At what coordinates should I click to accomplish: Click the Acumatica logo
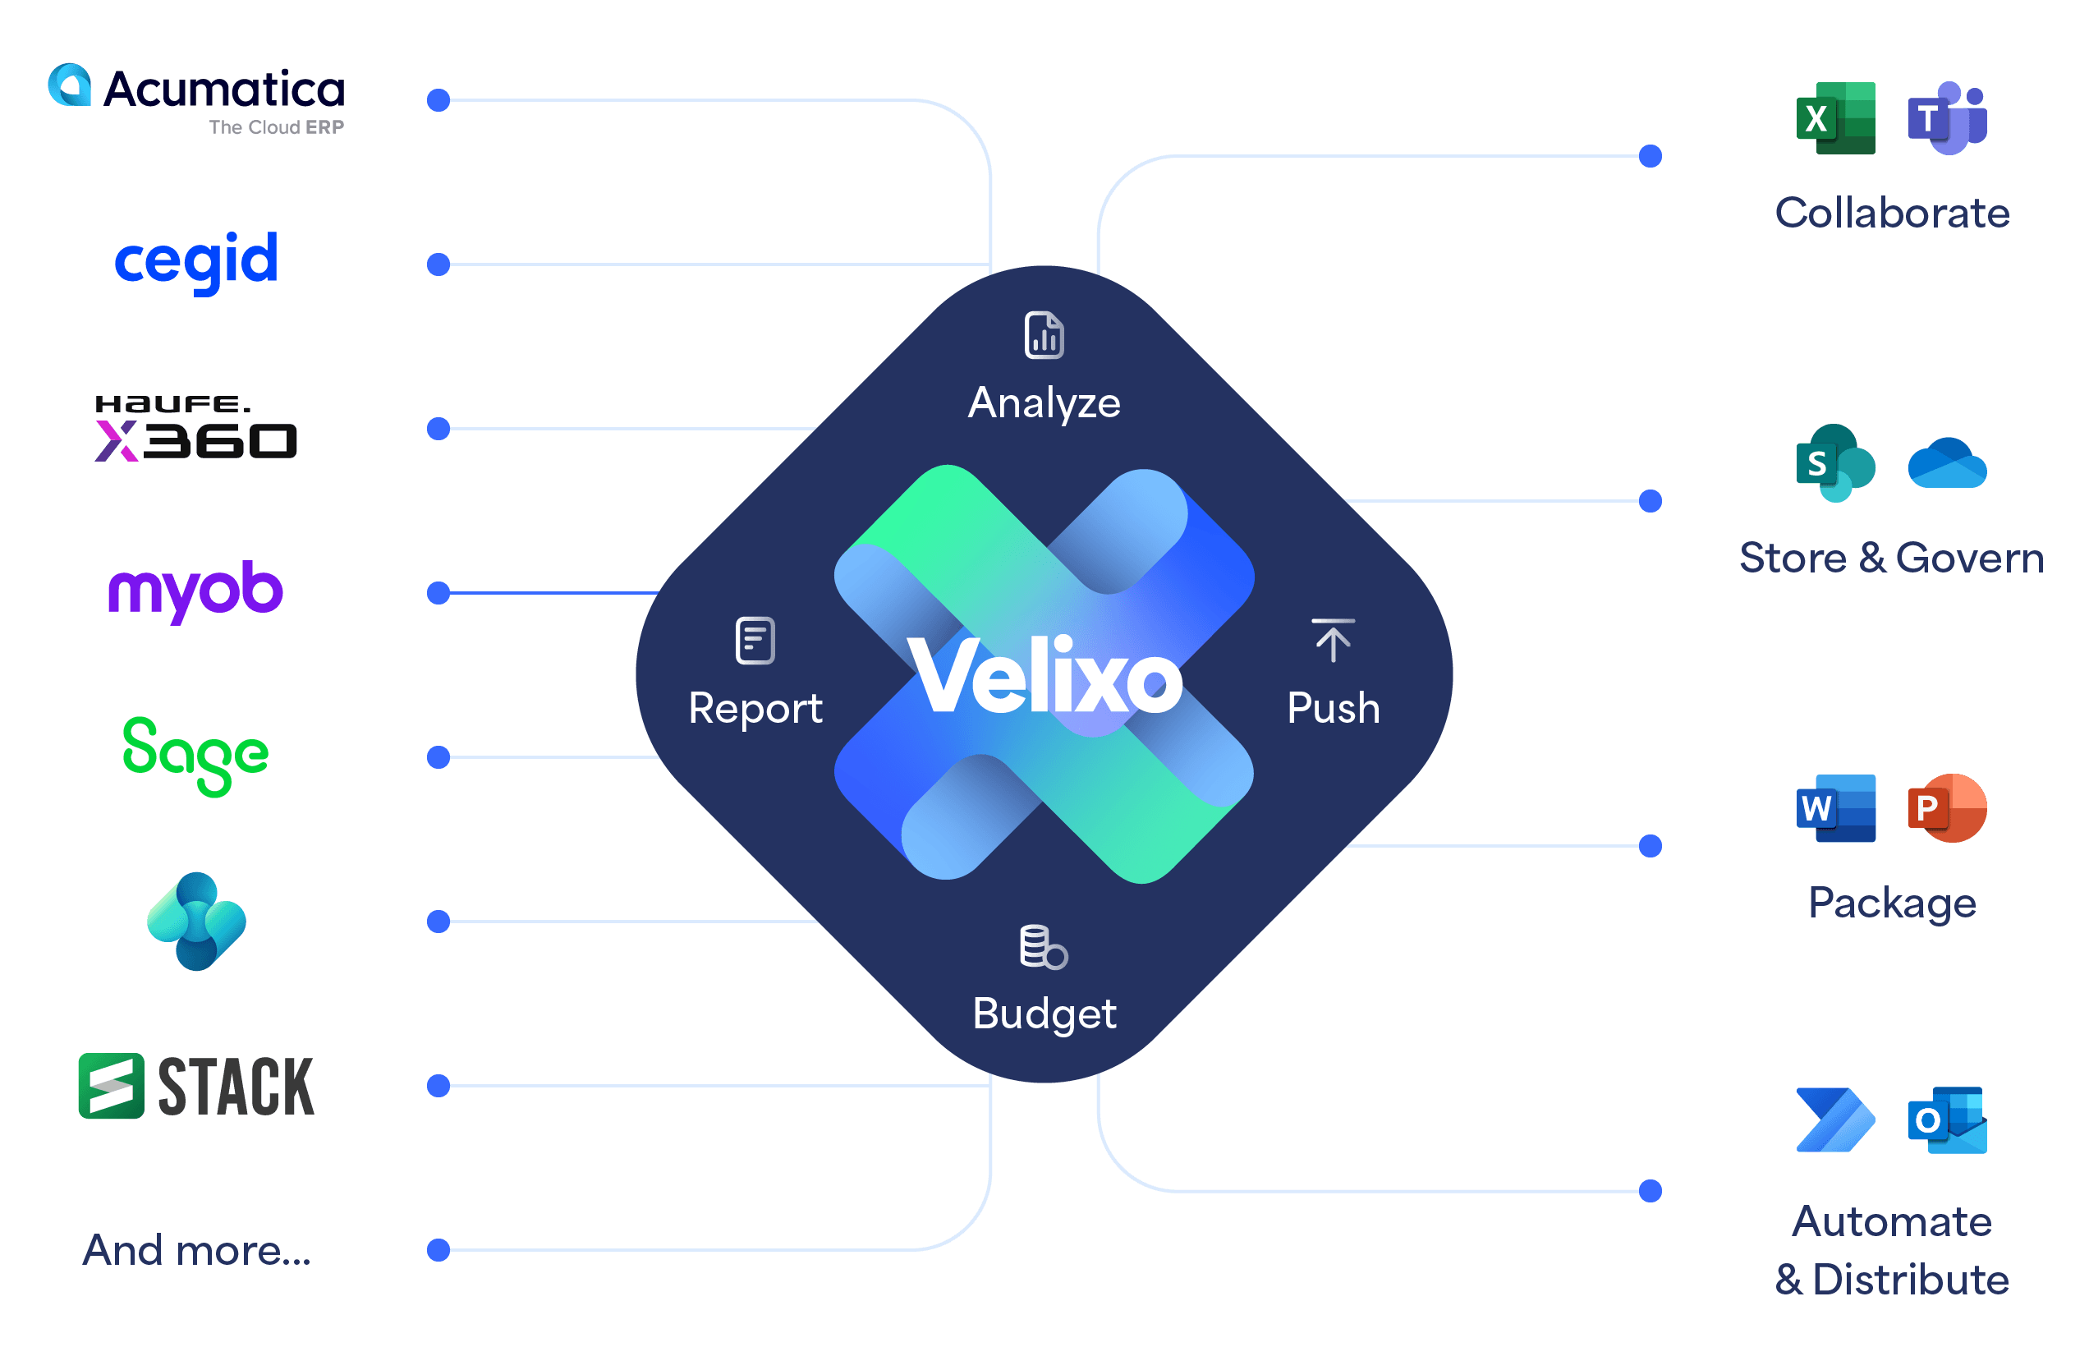tap(196, 98)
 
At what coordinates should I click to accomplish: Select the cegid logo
tap(196, 260)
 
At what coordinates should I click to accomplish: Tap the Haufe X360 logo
tap(196, 428)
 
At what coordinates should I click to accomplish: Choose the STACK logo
tap(196, 1086)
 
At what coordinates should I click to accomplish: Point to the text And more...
tap(197, 1250)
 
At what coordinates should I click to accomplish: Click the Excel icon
tap(1835, 118)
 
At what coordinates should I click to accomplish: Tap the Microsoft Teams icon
tap(1947, 118)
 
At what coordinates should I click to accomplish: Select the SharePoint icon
tap(1835, 462)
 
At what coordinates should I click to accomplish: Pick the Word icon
tap(1835, 807)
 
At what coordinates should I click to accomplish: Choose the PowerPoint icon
tap(1947, 807)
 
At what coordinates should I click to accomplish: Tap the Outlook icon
tap(1947, 1120)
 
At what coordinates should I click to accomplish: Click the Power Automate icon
tap(1835, 1120)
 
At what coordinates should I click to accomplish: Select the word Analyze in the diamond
tap(1044, 403)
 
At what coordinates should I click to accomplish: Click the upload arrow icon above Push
tap(1333, 641)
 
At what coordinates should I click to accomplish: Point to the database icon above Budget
tap(1043, 946)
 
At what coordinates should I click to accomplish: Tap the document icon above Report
tap(755, 641)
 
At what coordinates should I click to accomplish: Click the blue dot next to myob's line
tap(438, 593)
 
